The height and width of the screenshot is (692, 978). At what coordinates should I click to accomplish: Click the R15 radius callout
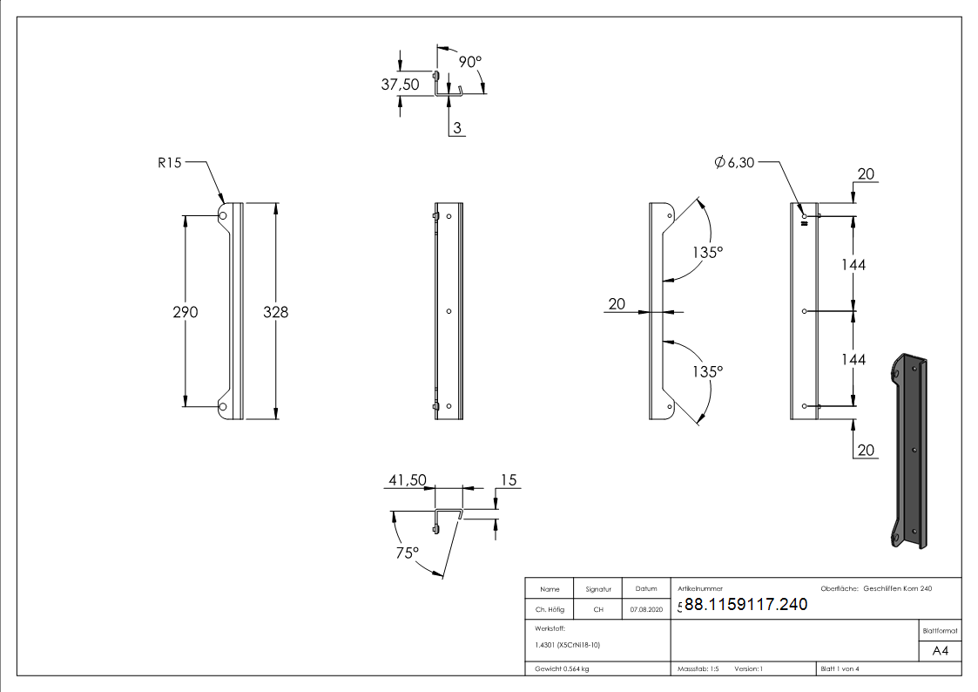click(169, 162)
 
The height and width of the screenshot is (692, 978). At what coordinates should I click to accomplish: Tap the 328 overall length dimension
click(276, 312)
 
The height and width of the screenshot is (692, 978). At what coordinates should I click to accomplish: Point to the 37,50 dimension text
click(401, 84)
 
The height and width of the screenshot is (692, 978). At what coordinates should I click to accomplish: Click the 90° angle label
click(470, 62)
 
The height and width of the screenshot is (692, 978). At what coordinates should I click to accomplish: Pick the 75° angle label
click(408, 552)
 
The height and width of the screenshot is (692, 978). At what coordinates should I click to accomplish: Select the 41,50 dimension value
click(408, 480)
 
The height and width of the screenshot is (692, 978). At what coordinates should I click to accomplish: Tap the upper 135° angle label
click(708, 252)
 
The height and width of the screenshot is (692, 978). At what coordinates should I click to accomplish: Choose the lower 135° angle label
click(708, 371)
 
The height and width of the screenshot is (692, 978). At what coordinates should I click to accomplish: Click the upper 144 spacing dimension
click(853, 264)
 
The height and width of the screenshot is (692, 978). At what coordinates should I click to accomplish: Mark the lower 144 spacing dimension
click(853, 359)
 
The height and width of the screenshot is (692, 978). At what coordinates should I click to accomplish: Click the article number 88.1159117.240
click(746, 604)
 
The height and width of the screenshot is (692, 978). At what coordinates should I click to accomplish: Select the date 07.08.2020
click(646, 610)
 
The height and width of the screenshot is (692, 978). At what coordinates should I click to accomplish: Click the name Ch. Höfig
click(549, 610)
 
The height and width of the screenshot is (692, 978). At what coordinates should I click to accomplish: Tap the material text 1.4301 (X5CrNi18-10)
click(568, 645)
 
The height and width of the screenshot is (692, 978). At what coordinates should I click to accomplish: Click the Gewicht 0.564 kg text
click(563, 668)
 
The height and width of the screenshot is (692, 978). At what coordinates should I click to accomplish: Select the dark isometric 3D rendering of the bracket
click(909, 451)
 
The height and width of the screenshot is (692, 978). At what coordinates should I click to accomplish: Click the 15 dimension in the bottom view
click(509, 480)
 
